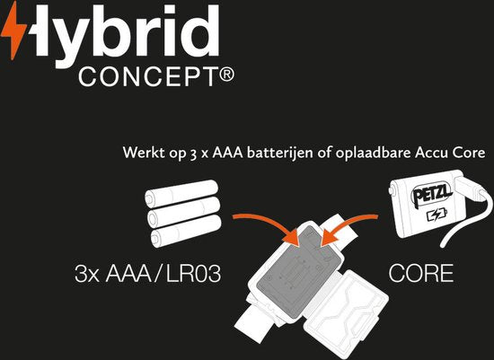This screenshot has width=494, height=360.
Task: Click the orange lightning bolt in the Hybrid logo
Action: pyautogui.click(x=14, y=31)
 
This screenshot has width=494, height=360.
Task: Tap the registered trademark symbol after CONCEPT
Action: pyautogui.click(x=226, y=75)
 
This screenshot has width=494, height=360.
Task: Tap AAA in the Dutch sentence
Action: pyautogui.click(x=228, y=154)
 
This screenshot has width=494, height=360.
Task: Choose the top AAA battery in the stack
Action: pyautogui.click(x=181, y=193)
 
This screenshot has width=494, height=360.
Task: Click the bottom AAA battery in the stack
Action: pyautogui.click(x=186, y=231)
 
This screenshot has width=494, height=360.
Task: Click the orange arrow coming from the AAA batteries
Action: pyautogui.click(x=268, y=224)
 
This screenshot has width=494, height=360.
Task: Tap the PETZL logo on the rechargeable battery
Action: pyautogui.click(x=431, y=193)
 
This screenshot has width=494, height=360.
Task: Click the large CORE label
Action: pyautogui.click(x=421, y=273)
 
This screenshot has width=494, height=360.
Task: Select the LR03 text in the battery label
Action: pyautogui.click(x=193, y=273)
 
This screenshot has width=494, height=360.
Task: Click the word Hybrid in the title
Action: pyautogui.click(x=123, y=35)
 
